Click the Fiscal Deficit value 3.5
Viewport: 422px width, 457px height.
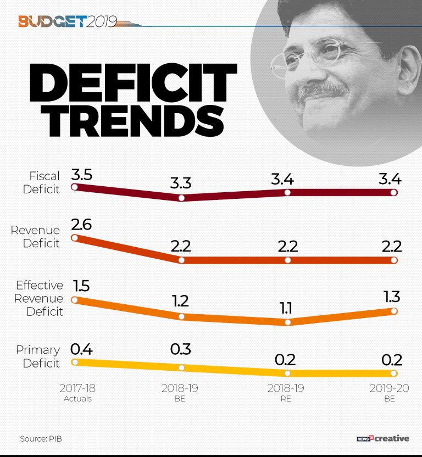point(81,175)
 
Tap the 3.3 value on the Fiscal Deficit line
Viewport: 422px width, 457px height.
point(180,183)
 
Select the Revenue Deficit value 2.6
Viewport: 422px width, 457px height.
point(81,224)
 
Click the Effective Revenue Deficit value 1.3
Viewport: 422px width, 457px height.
point(392,297)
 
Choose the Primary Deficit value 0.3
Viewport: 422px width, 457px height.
point(180,350)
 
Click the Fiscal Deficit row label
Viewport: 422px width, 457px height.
point(45,182)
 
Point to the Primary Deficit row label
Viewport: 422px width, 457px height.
point(38,356)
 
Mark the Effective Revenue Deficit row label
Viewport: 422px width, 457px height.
point(39,298)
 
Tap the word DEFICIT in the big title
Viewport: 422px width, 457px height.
point(131,81)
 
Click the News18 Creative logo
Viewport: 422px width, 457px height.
point(382,438)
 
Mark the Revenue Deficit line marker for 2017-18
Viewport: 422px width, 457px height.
point(75,238)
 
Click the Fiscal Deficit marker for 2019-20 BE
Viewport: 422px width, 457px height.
point(393,193)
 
